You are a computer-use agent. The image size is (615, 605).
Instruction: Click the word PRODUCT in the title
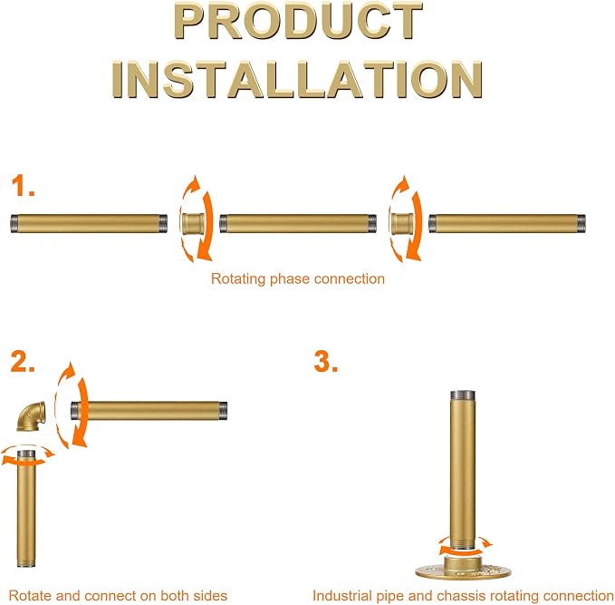pyautogui.click(x=298, y=21)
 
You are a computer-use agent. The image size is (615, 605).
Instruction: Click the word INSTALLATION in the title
pyautogui.click(x=297, y=79)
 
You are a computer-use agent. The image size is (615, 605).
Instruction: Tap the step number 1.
pyautogui.click(x=23, y=186)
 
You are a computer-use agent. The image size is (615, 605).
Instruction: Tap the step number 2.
pyautogui.click(x=23, y=361)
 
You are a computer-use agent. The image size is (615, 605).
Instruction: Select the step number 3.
pyautogui.click(x=326, y=362)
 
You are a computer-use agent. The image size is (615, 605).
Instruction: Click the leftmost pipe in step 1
pyautogui.click(x=89, y=223)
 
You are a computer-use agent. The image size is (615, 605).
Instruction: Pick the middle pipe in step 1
pyautogui.click(x=298, y=223)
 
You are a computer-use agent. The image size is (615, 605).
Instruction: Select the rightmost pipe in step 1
pyautogui.click(x=507, y=223)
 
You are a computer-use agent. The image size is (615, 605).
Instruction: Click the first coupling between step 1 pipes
pyautogui.click(x=193, y=223)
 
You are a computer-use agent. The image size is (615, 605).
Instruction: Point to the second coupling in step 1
pyautogui.click(x=402, y=223)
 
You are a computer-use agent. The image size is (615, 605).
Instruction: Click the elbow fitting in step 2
pyautogui.click(x=32, y=416)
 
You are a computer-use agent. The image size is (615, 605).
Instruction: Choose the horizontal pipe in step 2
pyautogui.click(x=149, y=411)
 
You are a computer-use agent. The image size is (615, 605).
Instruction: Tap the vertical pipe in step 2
pyautogui.click(x=26, y=509)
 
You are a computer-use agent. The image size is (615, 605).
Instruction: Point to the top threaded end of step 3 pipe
pyautogui.click(x=463, y=395)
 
